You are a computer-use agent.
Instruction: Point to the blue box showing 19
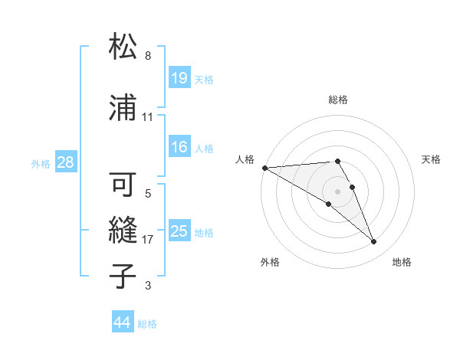179,78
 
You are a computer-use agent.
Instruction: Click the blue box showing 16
179,147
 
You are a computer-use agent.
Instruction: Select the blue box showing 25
179,231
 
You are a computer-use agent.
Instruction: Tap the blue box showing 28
65,162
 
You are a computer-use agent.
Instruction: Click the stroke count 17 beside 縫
148,240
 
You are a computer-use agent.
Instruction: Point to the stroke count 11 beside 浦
148,117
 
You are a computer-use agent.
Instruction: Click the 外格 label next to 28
41,163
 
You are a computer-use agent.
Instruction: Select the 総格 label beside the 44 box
147,324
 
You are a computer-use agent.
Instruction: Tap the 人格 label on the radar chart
245,159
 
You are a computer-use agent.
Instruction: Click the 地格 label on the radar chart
402,262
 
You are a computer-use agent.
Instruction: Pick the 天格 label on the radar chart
432,159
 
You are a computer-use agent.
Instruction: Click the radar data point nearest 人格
264,168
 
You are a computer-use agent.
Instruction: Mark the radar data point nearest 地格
373,242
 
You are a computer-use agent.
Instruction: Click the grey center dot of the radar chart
337,191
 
